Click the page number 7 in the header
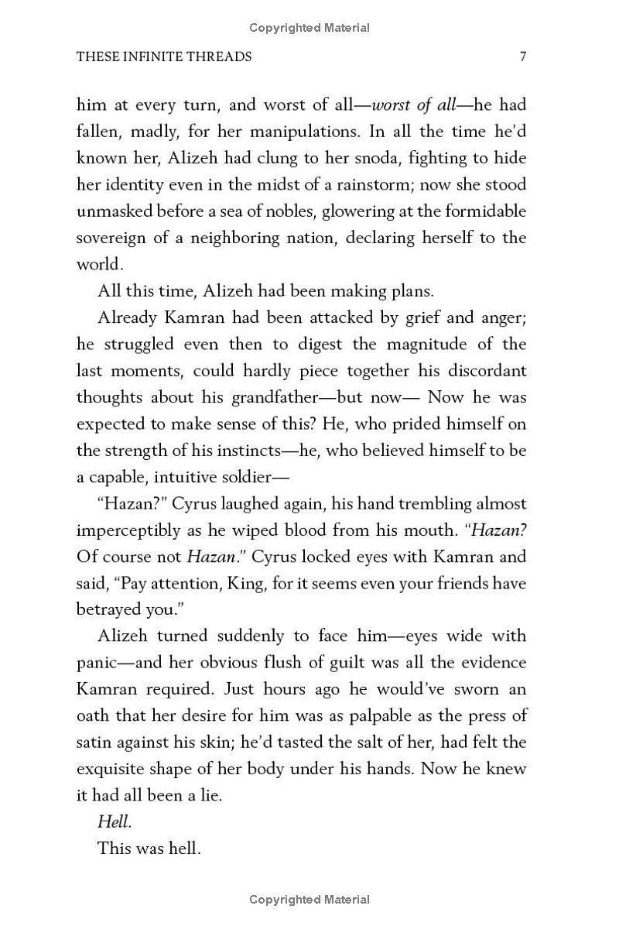pos(523,57)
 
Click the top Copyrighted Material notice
pos(309,28)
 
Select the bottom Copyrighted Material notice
pos(309,900)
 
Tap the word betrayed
pos(108,609)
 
